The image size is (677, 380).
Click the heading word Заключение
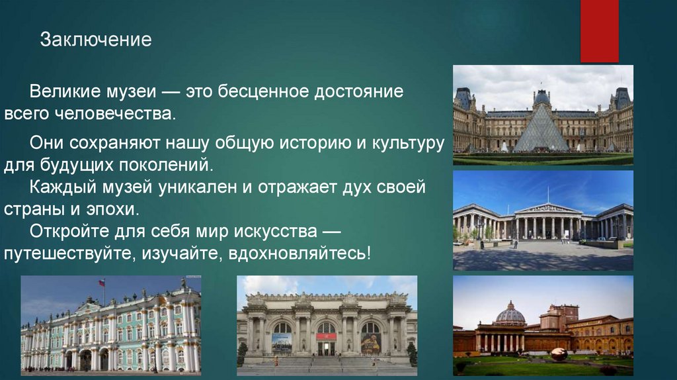(x=96, y=40)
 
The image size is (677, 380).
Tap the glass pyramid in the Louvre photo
(x=541, y=130)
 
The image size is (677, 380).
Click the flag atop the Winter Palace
(x=102, y=283)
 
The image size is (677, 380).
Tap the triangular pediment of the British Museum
(x=548, y=208)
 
